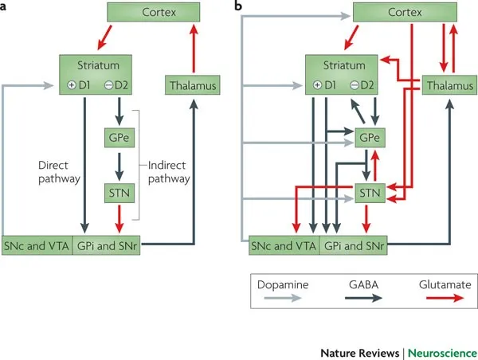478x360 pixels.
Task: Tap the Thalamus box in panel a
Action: [x=191, y=84]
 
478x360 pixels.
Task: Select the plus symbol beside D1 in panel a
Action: [x=72, y=85]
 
